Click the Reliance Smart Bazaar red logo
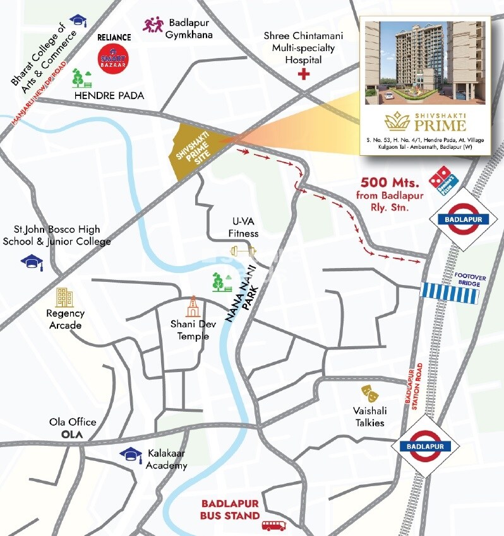pos(114,57)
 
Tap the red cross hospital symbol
pos(304,75)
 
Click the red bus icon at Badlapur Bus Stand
pos(273,525)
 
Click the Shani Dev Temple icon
pos(192,307)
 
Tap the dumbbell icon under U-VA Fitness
pos(244,251)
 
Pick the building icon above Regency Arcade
pos(64,297)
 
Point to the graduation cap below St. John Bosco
pos(32,262)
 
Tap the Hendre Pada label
pos(109,96)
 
